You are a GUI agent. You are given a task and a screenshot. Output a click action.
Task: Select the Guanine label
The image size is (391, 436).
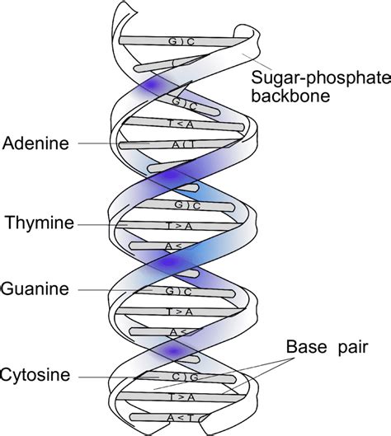tap(37, 289)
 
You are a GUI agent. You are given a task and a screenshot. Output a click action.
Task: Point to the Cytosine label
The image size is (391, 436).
tap(39, 376)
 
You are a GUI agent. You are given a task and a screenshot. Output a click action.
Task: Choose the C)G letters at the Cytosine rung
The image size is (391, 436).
tap(179, 377)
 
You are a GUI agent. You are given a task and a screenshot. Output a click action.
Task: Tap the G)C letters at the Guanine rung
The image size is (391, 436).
tap(179, 290)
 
